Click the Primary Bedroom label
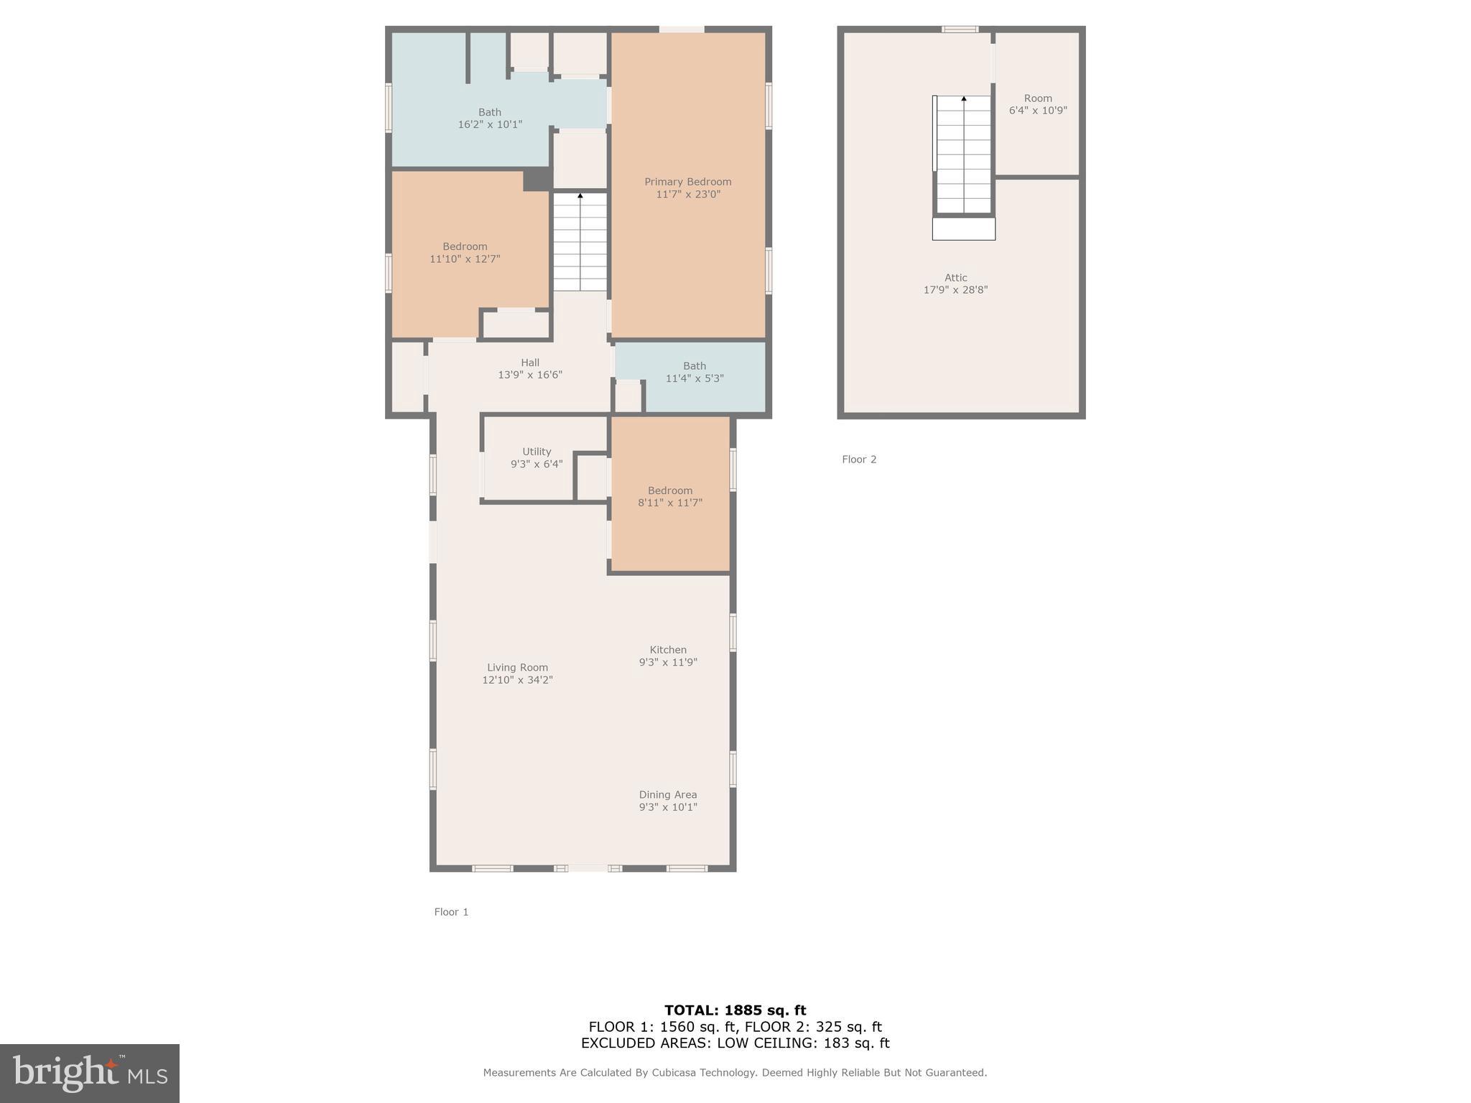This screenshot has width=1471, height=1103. (687, 182)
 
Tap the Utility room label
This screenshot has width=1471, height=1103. (537, 452)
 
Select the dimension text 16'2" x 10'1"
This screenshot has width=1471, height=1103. (490, 124)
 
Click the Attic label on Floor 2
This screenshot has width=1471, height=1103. (955, 278)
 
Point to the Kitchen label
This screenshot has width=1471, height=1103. (668, 650)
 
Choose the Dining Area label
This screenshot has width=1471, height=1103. (668, 795)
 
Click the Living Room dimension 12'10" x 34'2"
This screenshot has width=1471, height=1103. (517, 680)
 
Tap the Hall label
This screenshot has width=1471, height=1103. (530, 363)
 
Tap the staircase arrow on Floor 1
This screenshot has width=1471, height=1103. (580, 195)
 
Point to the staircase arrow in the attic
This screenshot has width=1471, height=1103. (964, 99)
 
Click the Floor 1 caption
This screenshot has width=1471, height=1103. (451, 912)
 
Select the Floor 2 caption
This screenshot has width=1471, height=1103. (859, 460)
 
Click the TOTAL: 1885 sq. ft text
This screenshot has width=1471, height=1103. (735, 1010)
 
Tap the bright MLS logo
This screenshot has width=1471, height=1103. (90, 1073)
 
